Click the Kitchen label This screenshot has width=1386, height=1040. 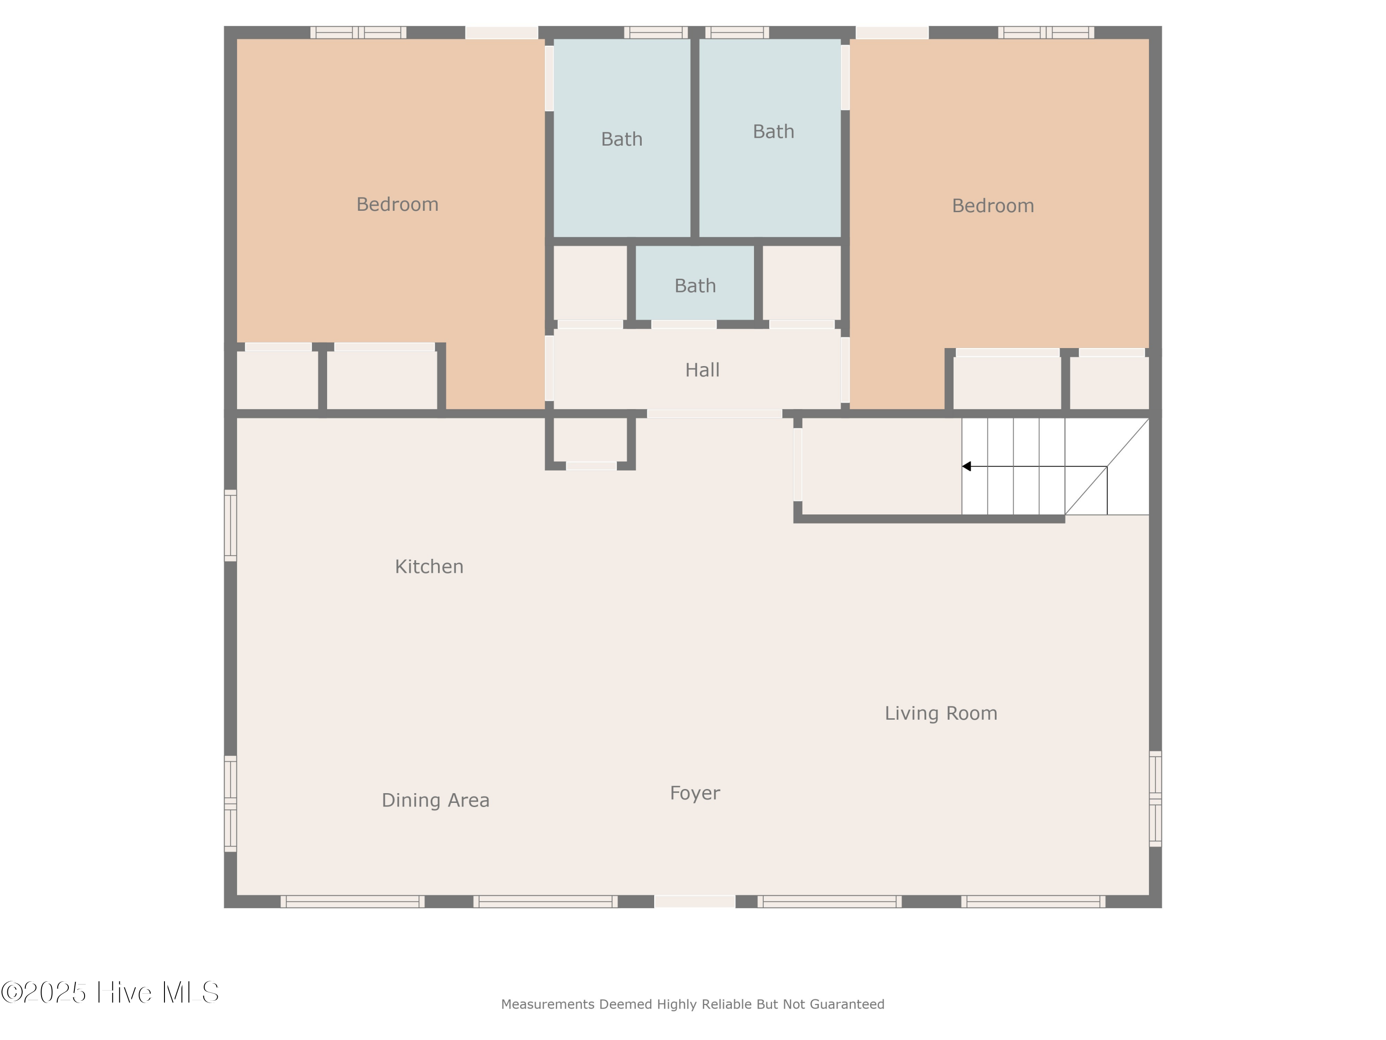click(x=429, y=567)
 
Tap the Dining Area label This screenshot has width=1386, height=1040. click(x=436, y=801)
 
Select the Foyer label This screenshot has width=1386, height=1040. click(x=695, y=794)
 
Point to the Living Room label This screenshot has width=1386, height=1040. click(x=941, y=713)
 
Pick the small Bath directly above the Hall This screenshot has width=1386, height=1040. click(x=695, y=286)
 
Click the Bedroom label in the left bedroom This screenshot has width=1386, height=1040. click(x=397, y=204)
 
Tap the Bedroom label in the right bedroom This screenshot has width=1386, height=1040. click(x=993, y=206)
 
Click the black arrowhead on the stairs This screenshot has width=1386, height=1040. click(x=966, y=466)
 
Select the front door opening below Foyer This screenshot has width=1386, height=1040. click(x=695, y=901)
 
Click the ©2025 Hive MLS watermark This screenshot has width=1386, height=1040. click(x=109, y=992)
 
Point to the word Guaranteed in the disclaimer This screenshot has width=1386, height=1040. click(x=847, y=1004)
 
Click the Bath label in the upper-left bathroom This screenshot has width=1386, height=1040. click(x=621, y=139)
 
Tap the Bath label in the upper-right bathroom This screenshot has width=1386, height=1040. click(x=773, y=132)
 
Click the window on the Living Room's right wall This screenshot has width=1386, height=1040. click(x=1155, y=799)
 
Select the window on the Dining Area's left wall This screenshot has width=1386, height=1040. click(x=231, y=804)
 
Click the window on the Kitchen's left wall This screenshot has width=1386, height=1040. click(x=231, y=526)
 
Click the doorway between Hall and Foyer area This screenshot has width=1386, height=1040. click(x=714, y=414)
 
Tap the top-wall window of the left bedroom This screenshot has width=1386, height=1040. click(x=359, y=33)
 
